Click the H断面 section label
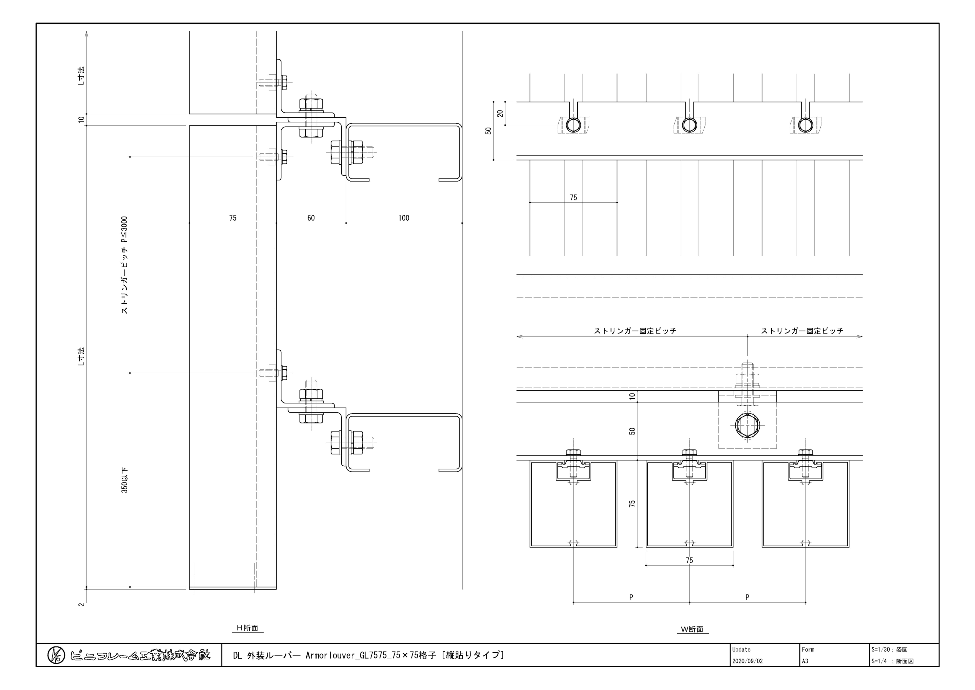[248, 628]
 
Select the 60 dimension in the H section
[311, 218]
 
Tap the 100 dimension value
[404, 218]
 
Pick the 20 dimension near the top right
[500, 113]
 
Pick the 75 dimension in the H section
[233, 218]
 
